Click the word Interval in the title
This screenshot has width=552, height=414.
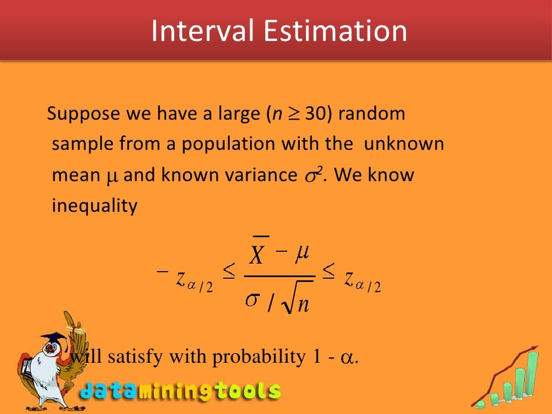(202, 31)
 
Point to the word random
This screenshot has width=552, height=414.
(372, 114)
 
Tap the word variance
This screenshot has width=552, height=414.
(254, 176)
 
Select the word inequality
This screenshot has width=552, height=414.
(95, 206)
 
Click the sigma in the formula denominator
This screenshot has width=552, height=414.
(252, 300)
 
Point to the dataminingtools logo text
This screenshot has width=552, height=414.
(181, 391)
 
